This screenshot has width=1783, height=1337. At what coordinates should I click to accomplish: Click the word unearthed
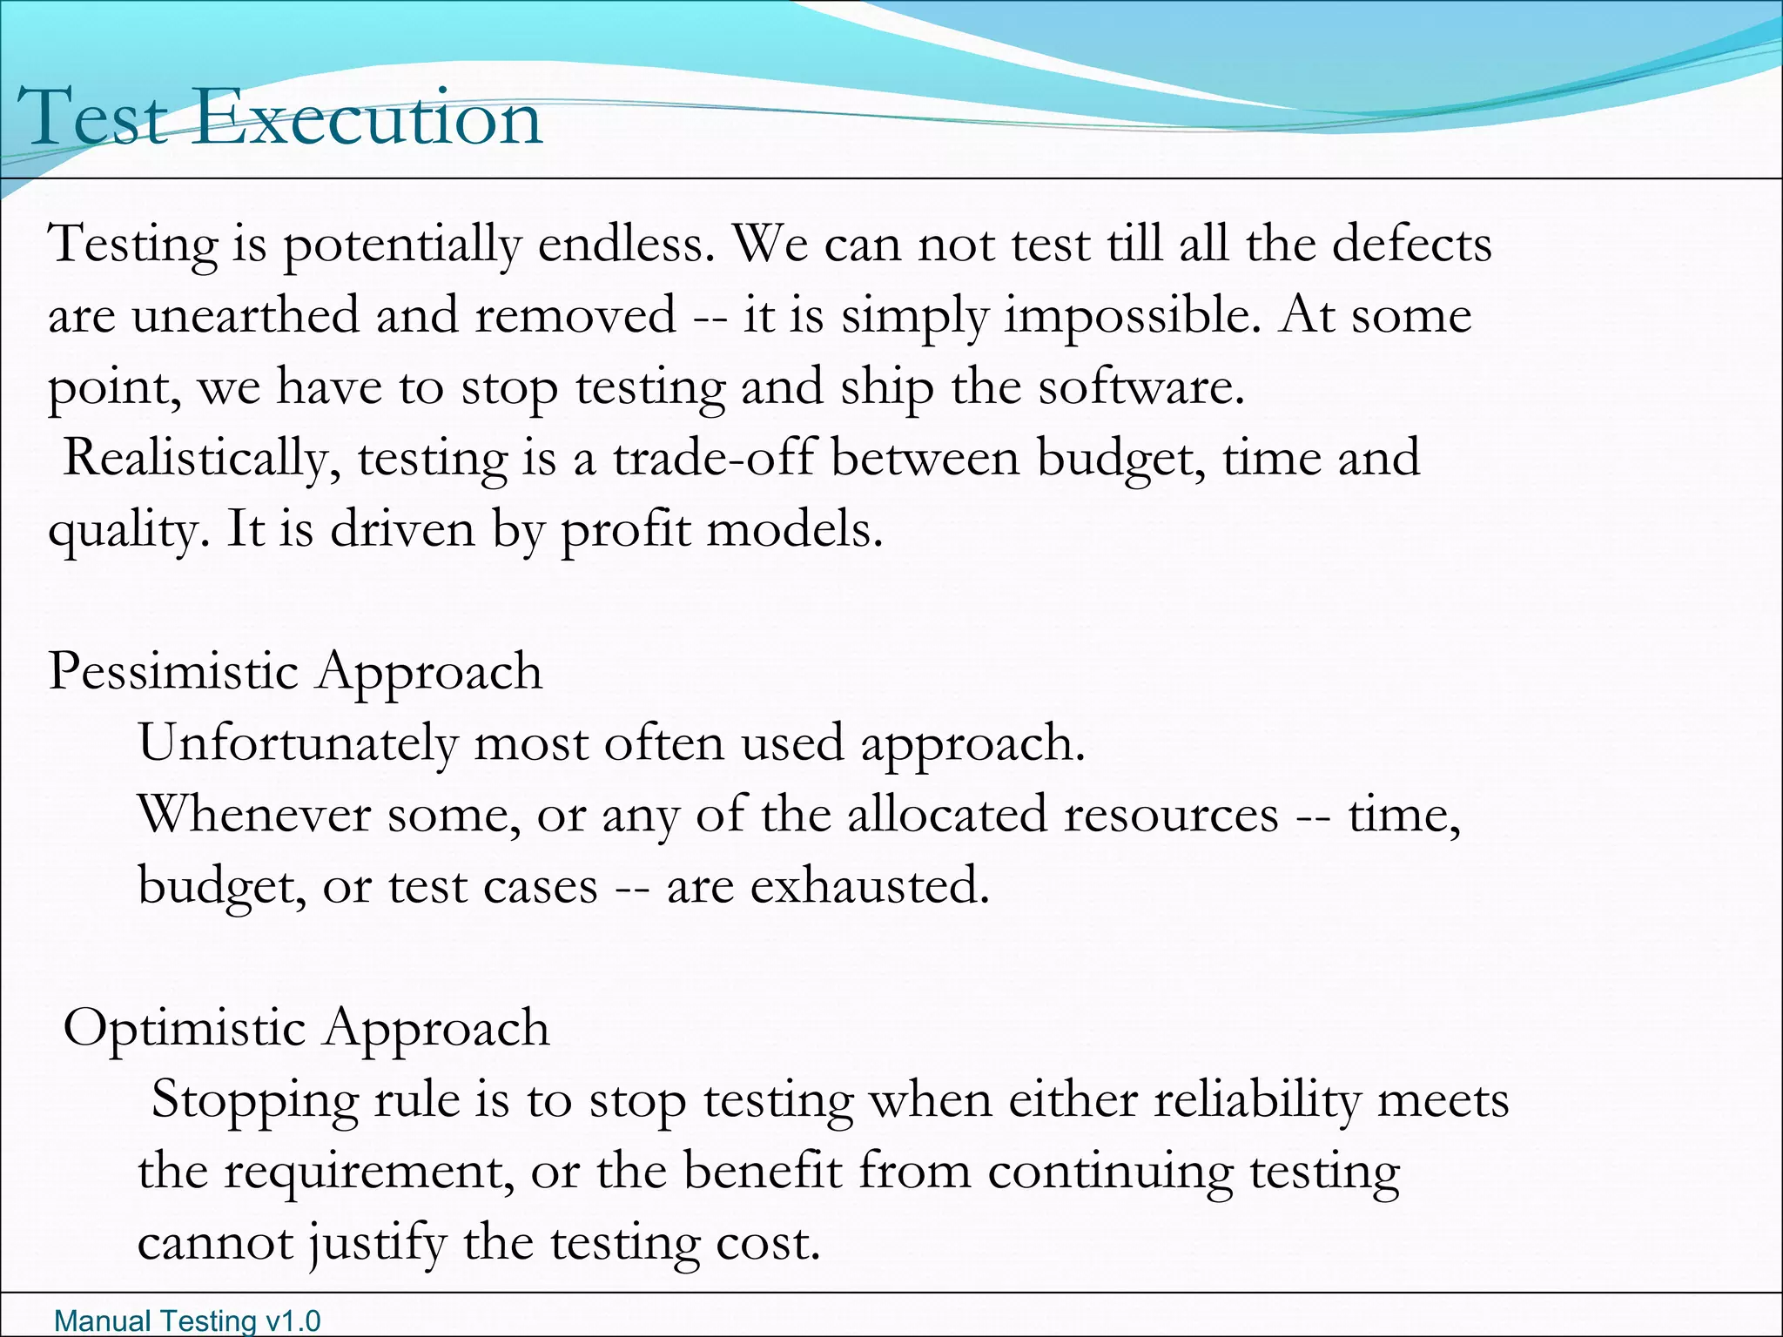[246, 314]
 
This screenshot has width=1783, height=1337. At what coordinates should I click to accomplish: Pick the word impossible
[1132, 316]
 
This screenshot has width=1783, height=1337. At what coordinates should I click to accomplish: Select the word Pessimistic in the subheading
[173, 671]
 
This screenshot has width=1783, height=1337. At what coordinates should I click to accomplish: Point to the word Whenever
[254, 815]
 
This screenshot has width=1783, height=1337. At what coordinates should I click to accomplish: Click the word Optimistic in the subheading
[185, 1028]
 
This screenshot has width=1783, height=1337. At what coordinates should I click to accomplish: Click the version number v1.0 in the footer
[292, 1321]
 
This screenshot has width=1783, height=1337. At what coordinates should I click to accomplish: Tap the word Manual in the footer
[91, 1321]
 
